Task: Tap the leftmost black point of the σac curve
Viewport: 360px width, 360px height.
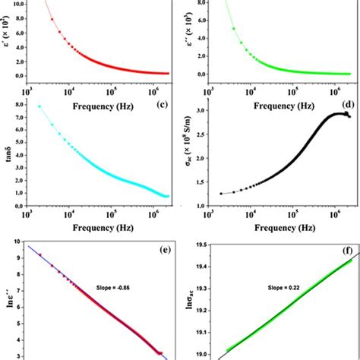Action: coord(221,194)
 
